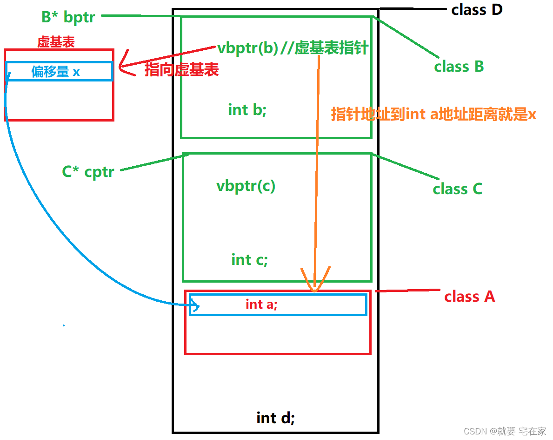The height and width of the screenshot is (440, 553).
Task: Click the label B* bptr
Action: tap(68, 17)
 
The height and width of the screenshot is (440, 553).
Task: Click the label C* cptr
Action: tap(88, 172)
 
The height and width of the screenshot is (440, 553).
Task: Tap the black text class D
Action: tap(477, 9)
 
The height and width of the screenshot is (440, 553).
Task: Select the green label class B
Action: tap(459, 67)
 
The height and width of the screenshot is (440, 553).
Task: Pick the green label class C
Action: tap(457, 189)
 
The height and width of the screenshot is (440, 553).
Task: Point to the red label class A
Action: tap(469, 297)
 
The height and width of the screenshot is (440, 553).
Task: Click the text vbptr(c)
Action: tap(246, 186)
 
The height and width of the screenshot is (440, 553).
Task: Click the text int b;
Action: tap(247, 110)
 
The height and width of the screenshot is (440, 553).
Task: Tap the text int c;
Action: tap(249, 260)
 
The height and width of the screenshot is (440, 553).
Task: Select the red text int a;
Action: tap(261, 304)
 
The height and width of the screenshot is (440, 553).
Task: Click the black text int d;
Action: tap(275, 418)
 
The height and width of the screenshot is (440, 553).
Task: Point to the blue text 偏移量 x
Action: tap(55, 72)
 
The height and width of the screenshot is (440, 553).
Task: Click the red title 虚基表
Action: tap(56, 42)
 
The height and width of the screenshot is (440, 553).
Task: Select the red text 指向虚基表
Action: tap(181, 70)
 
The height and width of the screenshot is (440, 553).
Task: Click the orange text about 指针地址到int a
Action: tap(433, 114)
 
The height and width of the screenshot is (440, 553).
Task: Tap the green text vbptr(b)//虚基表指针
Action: tap(293, 48)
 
